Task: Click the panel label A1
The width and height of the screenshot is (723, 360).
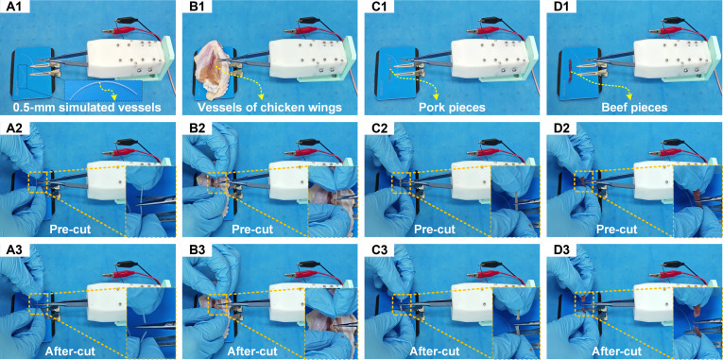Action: coord(11,6)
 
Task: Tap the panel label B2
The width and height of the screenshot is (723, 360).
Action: coord(192,128)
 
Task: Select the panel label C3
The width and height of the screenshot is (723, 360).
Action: coord(374,249)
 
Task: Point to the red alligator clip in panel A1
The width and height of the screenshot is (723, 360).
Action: coord(118,30)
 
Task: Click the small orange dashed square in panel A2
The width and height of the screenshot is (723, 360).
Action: coord(38,182)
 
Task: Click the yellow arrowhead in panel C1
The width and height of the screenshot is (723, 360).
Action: coord(435,96)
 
